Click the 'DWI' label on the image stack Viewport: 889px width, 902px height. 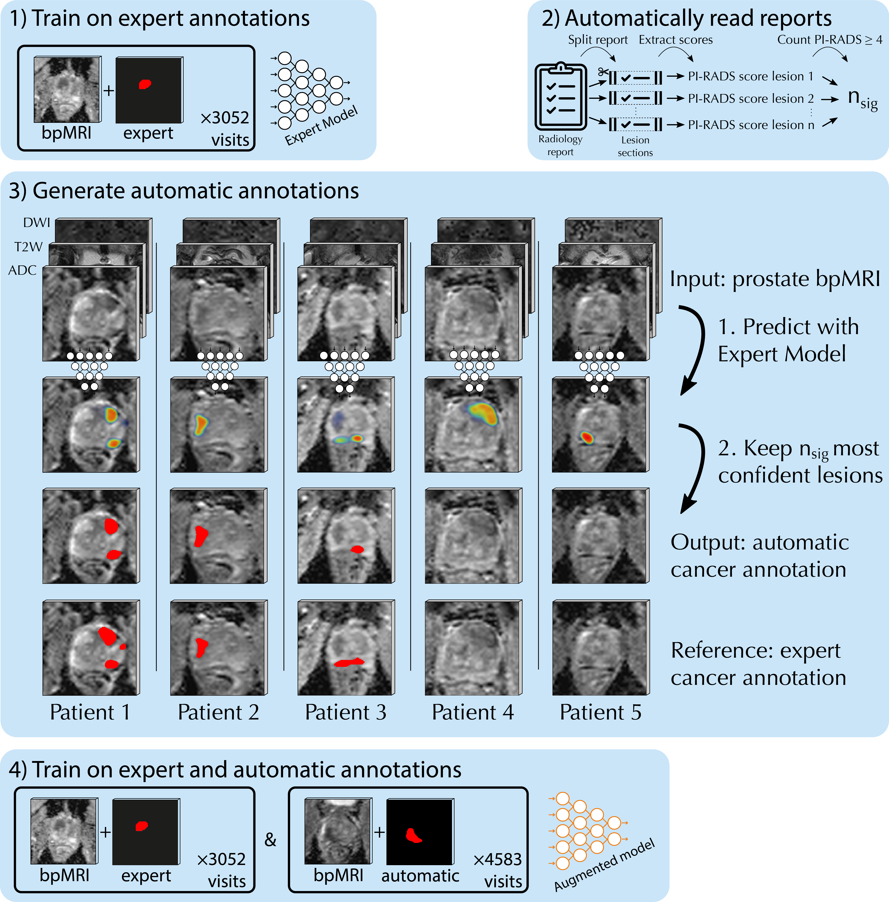36,223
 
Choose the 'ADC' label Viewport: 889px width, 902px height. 23,270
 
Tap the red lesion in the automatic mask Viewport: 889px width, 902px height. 413,835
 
